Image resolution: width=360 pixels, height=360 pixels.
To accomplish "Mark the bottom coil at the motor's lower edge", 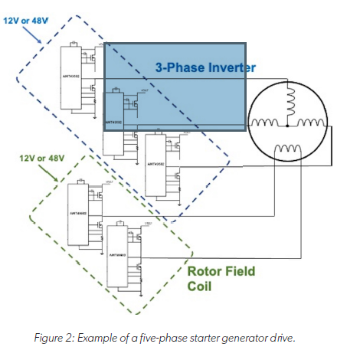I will coord(289,149).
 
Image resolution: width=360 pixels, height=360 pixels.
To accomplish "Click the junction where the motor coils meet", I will coord(290,122).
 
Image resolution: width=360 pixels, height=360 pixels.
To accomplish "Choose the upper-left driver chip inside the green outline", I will coord(80,214).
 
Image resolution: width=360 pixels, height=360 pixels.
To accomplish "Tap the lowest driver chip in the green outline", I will coord(120,257).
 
